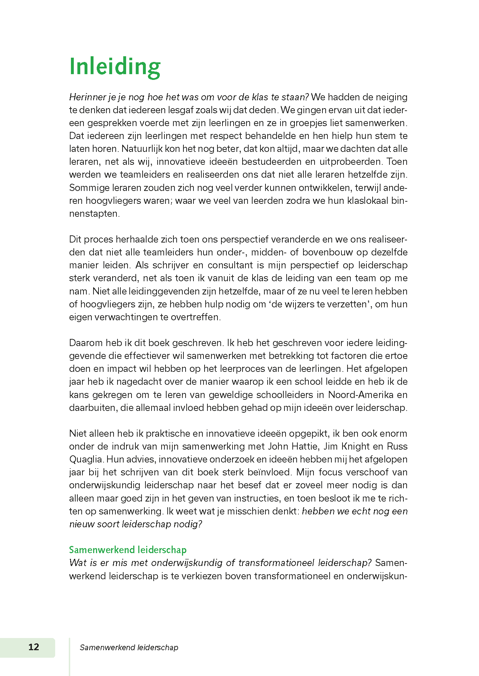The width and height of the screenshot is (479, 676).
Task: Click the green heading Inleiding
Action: (115, 67)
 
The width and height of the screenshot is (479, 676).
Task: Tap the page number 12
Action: (34, 647)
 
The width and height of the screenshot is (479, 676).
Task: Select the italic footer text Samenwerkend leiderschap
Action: (129, 647)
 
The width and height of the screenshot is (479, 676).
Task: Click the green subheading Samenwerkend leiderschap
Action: (128, 550)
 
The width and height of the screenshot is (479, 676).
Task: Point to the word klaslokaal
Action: (368, 201)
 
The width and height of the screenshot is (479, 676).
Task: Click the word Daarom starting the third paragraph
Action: (86, 343)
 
